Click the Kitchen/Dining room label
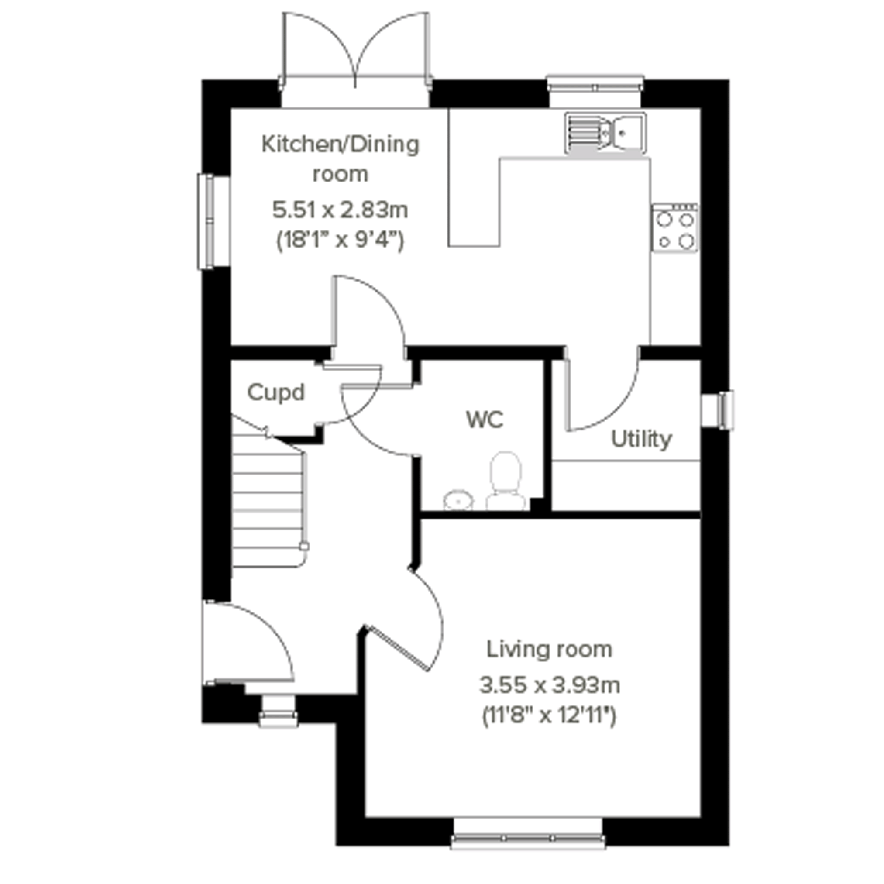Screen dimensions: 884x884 [341, 159]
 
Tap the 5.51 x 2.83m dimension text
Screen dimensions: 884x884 [341, 210]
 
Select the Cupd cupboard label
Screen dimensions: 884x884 [276, 393]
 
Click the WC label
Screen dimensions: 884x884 [485, 419]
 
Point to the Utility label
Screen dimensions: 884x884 [641, 439]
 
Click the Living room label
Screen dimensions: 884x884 [549, 650]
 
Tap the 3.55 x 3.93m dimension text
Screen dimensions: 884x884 [550, 685]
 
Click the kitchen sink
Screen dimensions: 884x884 [605, 133]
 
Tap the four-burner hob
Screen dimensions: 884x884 [675, 227]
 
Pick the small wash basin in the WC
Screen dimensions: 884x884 [458, 500]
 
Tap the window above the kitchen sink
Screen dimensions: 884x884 [595, 91]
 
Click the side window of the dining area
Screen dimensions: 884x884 [213, 221]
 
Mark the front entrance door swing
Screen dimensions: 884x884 [248, 643]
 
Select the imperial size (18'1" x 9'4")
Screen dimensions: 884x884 [341, 240]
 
